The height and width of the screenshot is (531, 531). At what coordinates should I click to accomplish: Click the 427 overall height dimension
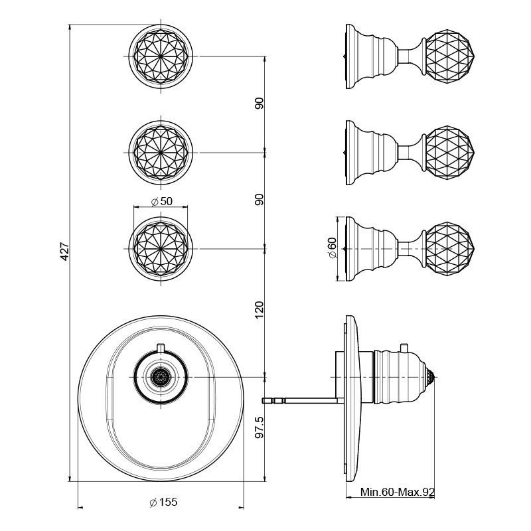coord(65,252)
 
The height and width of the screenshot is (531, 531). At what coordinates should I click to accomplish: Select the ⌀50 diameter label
coord(162,202)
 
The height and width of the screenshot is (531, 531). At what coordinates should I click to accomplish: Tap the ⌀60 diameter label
coord(332,248)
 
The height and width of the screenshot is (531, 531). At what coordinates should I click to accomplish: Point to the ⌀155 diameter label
coord(163,502)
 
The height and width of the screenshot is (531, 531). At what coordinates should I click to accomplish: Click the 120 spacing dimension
coord(260,310)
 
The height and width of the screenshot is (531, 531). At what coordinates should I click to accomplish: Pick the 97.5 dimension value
coord(260,427)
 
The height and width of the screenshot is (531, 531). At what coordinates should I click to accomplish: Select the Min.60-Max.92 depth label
coord(397,493)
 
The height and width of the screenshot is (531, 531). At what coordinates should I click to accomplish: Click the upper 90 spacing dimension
coord(260,104)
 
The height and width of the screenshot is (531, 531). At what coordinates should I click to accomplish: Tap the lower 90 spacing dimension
coord(260,199)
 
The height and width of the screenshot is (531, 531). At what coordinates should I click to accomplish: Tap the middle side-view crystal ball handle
coord(449,151)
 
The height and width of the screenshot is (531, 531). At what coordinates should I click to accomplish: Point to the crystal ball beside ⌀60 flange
coord(449,247)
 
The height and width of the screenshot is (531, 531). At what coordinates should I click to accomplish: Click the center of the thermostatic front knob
coord(159,377)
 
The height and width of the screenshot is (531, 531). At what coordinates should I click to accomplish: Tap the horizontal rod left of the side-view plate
coord(302,400)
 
